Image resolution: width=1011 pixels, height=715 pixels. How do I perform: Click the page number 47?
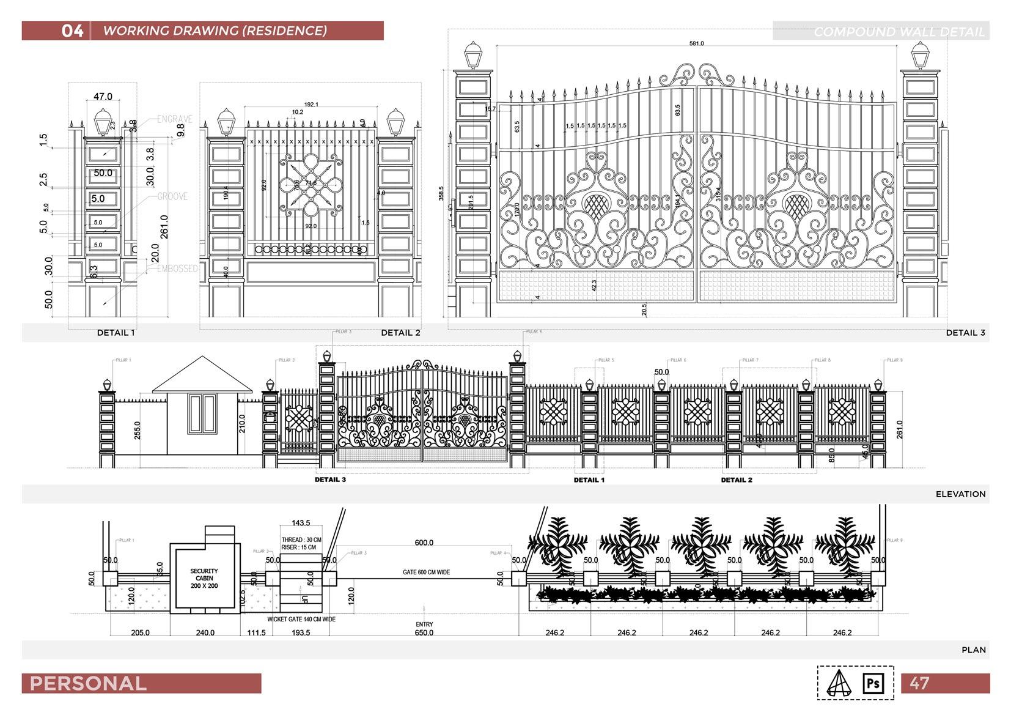pos(919,683)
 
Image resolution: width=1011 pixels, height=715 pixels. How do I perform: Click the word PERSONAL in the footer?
pos(88,683)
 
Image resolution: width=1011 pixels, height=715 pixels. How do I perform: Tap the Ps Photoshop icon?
pos(873,683)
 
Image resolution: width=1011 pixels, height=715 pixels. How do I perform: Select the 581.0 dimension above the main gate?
pos(696,43)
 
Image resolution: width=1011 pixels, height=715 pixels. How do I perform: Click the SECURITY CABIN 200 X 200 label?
pos(204,578)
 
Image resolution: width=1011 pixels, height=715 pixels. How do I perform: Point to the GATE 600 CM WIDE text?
pos(426,572)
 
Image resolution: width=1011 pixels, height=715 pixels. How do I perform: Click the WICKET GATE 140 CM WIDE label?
pos(301,619)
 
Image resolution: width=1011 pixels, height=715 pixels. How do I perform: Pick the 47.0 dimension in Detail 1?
pos(103,97)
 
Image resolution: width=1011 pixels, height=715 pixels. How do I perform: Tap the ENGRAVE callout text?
pos(174,119)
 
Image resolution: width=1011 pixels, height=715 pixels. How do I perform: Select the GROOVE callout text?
pos(172,196)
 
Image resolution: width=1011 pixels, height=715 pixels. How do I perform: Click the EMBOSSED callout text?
pos(177,269)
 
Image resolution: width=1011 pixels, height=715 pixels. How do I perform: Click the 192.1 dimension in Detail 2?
pos(311,105)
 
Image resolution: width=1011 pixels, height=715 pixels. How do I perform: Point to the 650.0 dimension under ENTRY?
pos(424,632)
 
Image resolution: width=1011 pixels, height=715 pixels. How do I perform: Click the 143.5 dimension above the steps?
pos(301,523)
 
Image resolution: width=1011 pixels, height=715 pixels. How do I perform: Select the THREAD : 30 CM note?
pos(301,540)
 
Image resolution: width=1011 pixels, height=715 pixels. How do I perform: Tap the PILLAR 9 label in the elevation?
pos(895,360)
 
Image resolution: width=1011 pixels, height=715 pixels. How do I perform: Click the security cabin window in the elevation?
pos(202,413)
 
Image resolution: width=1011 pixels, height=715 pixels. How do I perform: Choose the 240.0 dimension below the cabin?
pos(205,632)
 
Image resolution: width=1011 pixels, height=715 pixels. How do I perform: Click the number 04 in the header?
pos(72,31)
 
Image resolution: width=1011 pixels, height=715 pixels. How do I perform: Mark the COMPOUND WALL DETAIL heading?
pos(899,32)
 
